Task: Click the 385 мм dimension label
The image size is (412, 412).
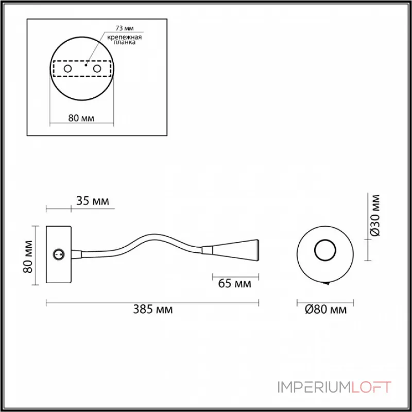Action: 153,310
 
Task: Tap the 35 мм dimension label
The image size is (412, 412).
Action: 92,201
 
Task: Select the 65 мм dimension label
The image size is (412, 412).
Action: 234,284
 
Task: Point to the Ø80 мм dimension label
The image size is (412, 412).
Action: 325,310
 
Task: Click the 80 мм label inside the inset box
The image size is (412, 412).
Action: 81,118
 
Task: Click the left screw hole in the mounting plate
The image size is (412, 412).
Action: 67,68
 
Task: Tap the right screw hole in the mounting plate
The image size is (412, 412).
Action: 96,68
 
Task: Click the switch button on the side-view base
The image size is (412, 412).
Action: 59,253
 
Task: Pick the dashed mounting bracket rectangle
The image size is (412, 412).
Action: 82,68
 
